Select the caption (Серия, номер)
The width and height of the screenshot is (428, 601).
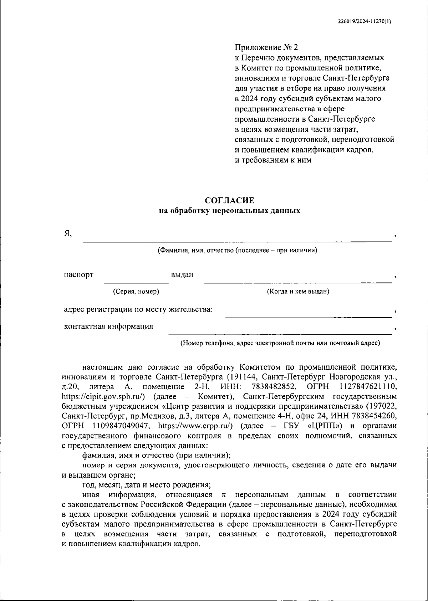pyautogui.click(x=136, y=292)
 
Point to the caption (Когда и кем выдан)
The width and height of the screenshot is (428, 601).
pyautogui.click(x=298, y=292)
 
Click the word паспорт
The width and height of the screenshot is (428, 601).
pyautogui.click(x=78, y=275)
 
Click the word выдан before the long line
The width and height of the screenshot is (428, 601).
pyautogui.click(x=182, y=275)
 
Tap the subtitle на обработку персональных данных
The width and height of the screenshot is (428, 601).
pyautogui.click(x=230, y=211)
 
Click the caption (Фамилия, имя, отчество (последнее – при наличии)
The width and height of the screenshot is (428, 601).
pyautogui.click(x=238, y=250)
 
